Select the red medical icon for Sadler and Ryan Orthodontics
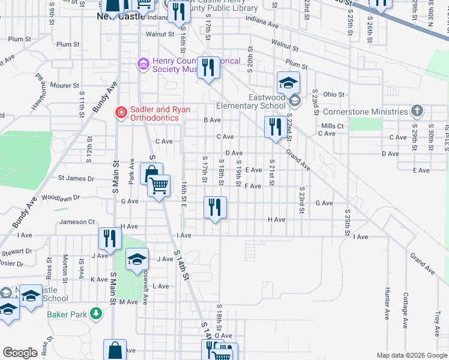pos(121,112)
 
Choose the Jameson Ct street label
pos(77,222)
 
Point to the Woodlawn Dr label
pos(61,197)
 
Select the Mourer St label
pos(64,86)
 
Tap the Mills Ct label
pos(332,126)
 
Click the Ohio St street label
pos(334,94)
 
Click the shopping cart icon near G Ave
pos(159,186)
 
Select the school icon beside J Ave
pos(137,259)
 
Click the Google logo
pos(20,353)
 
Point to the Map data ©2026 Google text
pos(411,355)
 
